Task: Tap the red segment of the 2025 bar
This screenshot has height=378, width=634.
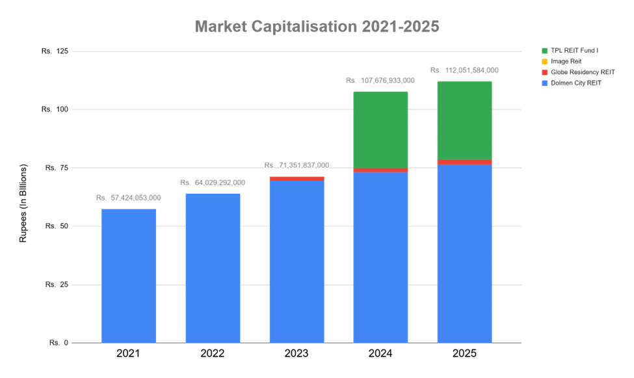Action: coord(464,162)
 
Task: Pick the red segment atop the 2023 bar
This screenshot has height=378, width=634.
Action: coord(297,178)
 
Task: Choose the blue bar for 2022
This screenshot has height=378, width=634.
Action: coord(213,267)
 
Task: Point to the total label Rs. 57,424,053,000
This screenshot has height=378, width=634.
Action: coord(129,198)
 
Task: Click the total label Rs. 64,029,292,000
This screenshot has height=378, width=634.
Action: coord(213,182)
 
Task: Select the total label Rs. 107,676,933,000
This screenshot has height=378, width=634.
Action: coord(380,81)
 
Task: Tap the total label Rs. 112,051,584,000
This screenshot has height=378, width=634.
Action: coord(464,70)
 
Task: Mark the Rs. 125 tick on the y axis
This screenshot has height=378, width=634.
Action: coord(56,51)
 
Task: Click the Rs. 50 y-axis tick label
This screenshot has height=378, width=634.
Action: coord(56,226)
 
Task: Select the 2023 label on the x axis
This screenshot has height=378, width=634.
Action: coord(297,354)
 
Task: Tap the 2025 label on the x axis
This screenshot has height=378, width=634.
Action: coord(464,354)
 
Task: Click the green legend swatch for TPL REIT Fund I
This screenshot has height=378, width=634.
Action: coord(544,49)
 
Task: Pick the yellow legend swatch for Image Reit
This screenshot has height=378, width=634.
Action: coord(544,61)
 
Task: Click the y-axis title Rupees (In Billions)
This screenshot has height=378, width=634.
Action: coord(23,203)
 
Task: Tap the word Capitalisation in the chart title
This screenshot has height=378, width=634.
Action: coord(306,27)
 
